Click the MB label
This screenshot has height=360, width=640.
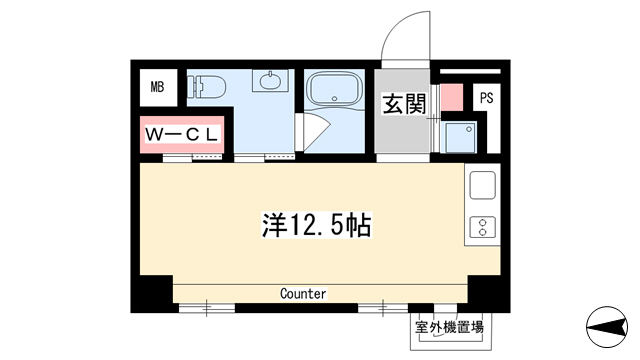click(157, 87)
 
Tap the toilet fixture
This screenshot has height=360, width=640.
click(207, 87)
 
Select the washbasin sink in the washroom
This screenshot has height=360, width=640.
click(270, 80)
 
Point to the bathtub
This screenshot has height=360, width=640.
click(334, 89)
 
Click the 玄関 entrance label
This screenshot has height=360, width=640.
click(404, 104)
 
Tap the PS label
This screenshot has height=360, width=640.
click(487, 98)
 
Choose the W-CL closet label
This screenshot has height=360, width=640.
click(181, 134)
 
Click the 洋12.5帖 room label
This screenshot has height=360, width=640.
click(316, 225)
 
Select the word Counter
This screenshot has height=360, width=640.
click(303, 293)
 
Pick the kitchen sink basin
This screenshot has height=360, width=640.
click(482, 185)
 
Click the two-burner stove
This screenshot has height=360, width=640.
click(482, 227)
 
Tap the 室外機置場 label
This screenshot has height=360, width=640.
click(449, 327)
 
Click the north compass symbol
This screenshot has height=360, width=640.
click(607, 327)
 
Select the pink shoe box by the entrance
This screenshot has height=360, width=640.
click(452, 98)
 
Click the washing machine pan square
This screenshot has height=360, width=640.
click(460, 138)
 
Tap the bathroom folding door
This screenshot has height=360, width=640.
click(313, 132)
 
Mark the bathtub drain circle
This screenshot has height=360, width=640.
click(334, 98)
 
